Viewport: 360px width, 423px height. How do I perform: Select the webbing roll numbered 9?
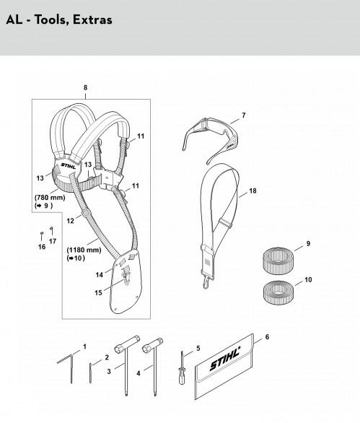pyautogui.click(x=276, y=261)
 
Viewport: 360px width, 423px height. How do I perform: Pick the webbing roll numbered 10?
pyautogui.click(x=278, y=292)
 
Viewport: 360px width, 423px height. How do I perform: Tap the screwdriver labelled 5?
pyautogui.click(x=182, y=368)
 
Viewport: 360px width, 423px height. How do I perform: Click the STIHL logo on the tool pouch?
pyautogui.click(x=225, y=359)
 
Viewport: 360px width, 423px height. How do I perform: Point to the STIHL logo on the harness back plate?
pyautogui.click(x=69, y=166)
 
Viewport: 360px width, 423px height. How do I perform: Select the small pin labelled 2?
pyautogui.click(x=90, y=373)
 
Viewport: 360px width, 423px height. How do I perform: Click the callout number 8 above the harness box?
pyautogui.click(x=85, y=87)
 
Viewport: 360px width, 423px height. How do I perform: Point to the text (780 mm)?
pyautogui.click(x=50, y=198)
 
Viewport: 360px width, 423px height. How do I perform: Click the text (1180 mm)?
pyautogui.click(x=84, y=250)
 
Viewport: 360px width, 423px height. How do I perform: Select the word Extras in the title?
pyautogui.click(x=92, y=20)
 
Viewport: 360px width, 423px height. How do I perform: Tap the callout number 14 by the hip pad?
pyautogui.click(x=100, y=275)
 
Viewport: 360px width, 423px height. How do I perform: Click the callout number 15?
pyautogui.click(x=98, y=292)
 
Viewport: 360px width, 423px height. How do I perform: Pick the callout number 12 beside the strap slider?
pyautogui.click(x=70, y=221)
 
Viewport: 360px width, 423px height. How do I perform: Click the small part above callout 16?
pyautogui.click(x=42, y=233)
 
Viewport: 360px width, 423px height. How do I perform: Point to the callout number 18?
pyautogui.click(x=253, y=191)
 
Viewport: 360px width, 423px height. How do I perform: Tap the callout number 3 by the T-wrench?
pyautogui.click(x=109, y=372)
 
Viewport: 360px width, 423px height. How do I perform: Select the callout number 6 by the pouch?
pyautogui.click(x=267, y=337)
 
